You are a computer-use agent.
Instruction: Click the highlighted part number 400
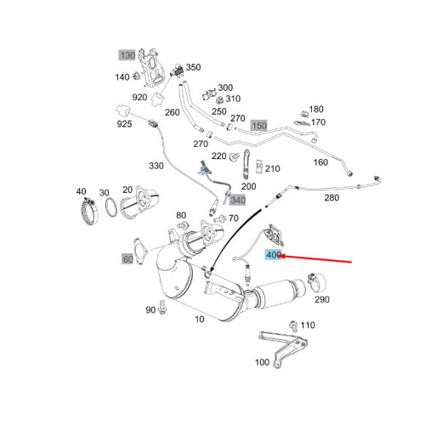pos(274,254)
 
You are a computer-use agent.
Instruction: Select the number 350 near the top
pos(194,67)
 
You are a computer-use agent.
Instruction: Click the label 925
pos(124,125)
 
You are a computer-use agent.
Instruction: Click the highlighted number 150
pos(258,126)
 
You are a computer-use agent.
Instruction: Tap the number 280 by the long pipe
pos(332,198)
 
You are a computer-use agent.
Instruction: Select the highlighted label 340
pos(237,201)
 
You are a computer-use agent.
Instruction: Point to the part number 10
pos(200,320)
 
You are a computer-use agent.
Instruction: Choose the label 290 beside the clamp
pos(322,299)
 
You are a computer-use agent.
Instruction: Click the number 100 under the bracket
pos(262,362)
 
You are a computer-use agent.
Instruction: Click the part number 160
pos(320,162)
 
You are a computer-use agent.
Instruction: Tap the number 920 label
pos(162,97)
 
